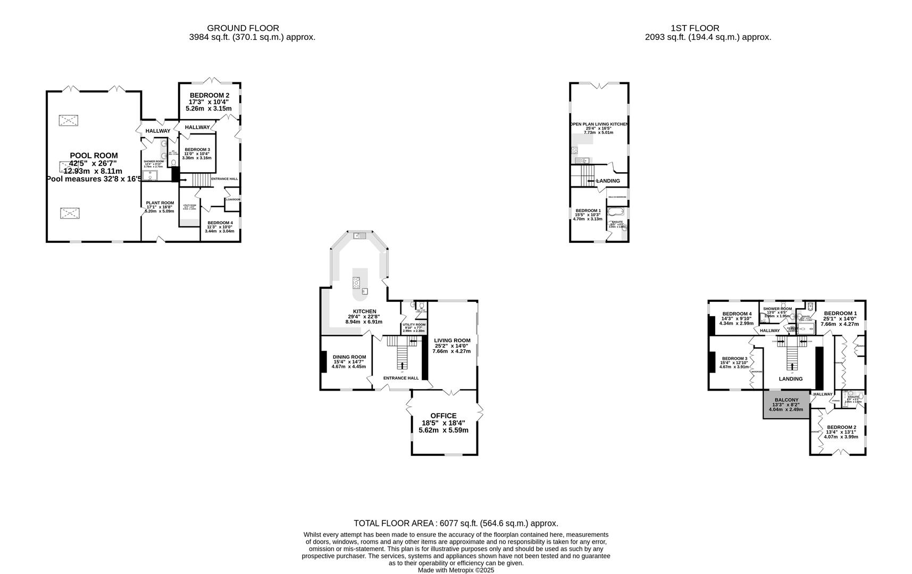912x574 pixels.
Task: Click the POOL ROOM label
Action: pos(94,156)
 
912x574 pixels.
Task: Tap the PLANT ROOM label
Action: pos(160,203)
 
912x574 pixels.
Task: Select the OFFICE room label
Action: pos(443,416)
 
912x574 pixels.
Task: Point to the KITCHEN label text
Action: pos(364,311)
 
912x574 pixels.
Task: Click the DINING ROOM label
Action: pos(349,357)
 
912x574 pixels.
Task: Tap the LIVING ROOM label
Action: pos(452,341)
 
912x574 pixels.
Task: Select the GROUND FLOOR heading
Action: pos(242,28)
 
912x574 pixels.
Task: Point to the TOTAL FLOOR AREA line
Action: pos(456,524)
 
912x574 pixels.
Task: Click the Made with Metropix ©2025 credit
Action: pos(456,570)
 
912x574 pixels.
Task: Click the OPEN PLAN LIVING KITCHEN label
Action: pos(599,124)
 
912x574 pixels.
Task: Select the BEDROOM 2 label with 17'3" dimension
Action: pos(209,95)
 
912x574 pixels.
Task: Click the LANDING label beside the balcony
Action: pos(790,379)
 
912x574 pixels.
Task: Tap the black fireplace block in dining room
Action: pos(323,362)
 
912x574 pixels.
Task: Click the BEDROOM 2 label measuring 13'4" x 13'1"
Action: pos(841,427)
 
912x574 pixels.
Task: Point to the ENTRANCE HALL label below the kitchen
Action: pos(401,378)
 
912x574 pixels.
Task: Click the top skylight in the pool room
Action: pos(68,120)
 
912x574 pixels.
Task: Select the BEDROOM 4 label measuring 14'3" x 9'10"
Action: pos(737,314)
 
